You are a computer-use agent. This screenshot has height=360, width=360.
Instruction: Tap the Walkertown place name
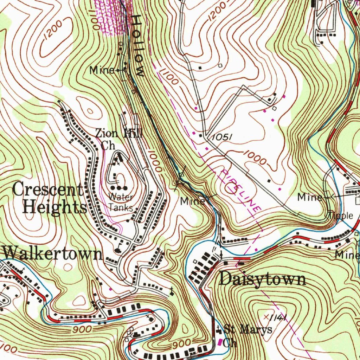pyautogui.click(x=53, y=253)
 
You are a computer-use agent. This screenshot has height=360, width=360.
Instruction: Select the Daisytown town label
pyautogui.click(x=262, y=279)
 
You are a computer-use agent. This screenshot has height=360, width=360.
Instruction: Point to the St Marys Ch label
pyautogui.click(x=246, y=336)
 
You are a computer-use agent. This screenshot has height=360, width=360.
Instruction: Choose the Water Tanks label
pyautogui.click(x=121, y=202)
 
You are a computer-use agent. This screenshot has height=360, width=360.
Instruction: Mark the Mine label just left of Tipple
pyautogui.click(x=309, y=197)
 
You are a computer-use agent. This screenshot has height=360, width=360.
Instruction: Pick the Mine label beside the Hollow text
pyautogui.click(x=102, y=70)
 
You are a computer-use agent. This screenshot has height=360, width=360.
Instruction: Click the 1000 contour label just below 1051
pyautogui.click(x=255, y=159)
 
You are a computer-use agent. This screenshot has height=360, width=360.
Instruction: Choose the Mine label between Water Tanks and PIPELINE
pyautogui.click(x=192, y=201)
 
